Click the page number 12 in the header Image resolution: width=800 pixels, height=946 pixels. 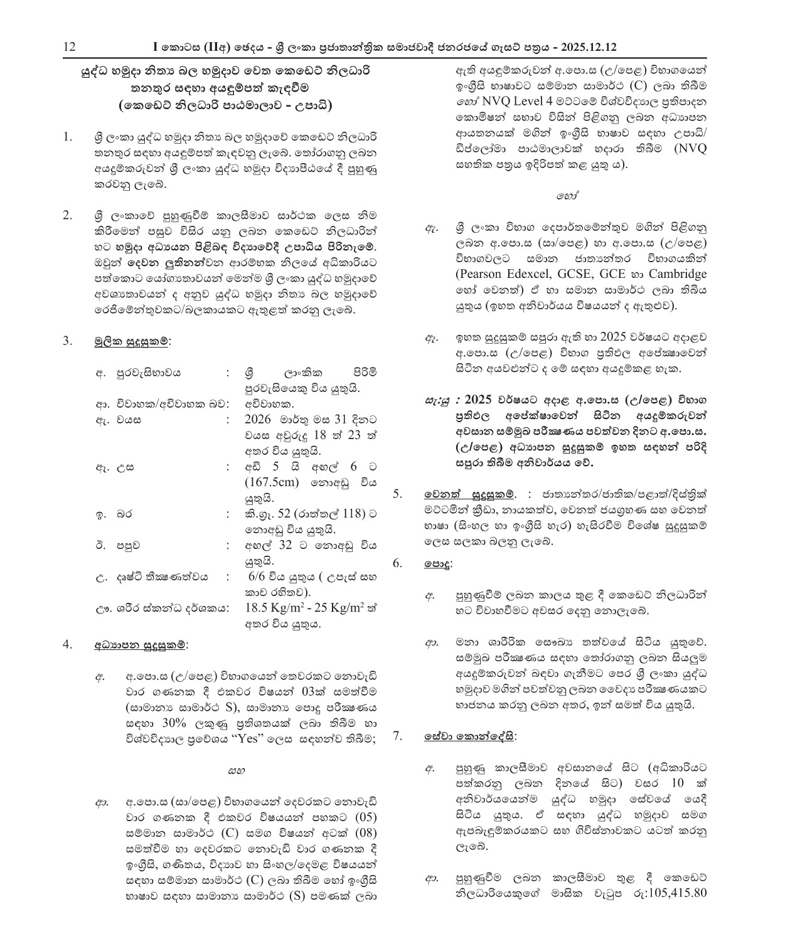tap(69, 47)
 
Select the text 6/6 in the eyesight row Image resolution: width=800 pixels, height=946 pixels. tap(260, 577)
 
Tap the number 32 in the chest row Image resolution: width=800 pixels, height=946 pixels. tap(285, 545)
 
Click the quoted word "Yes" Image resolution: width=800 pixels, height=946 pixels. tap(247, 738)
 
